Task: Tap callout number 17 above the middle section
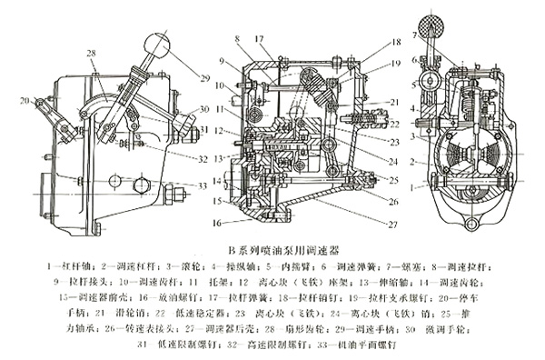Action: [x=259, y=38]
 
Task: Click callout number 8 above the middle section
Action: [x=235, y=38]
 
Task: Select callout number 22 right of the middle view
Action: [x=393, y=124]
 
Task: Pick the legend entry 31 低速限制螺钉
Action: [x=177, y=345]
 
